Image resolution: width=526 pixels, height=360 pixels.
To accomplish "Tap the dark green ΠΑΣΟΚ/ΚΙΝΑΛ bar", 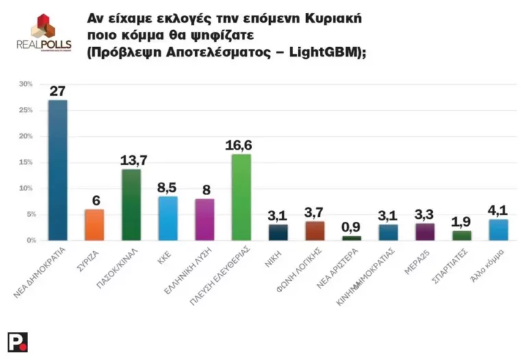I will (x=131, y=205).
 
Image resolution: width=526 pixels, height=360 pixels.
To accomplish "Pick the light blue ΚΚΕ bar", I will (x=168, y=218).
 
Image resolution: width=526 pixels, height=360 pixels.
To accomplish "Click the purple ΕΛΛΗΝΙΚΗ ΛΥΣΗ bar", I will (x=204, y=219).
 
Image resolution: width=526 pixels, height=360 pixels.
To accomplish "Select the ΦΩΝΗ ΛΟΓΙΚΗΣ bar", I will (x=314, y=231).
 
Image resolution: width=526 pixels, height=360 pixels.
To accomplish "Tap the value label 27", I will (x=58, y=91).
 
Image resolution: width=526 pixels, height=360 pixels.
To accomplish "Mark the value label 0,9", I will (x=351, y=226).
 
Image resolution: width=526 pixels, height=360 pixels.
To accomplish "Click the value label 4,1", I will (x=498, y=209).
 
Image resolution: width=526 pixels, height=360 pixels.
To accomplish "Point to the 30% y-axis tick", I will (x=26, y=84).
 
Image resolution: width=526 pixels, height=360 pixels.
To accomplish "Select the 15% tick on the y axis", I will (x=26, y=162).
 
